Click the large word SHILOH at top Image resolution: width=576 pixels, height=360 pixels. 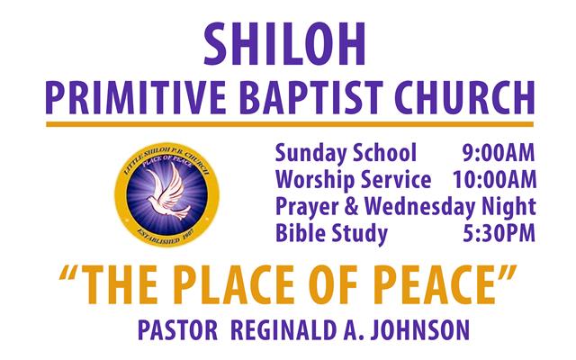[284, 44]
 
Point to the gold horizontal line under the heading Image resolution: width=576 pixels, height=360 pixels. [290, 124]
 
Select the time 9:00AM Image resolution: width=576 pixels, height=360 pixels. [498, 153]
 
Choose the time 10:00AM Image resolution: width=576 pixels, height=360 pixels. [494, 180]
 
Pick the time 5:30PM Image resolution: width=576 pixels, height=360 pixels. [499, 233]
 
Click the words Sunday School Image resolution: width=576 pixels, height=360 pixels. [346, 153]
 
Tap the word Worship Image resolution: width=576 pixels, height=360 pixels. [314, 180]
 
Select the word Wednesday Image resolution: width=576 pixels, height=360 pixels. [419, 206]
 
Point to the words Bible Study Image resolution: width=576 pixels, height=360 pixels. [331, 233]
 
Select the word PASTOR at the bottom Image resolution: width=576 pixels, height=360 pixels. [178, 330]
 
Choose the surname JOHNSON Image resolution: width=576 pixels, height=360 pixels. [420, 330]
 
